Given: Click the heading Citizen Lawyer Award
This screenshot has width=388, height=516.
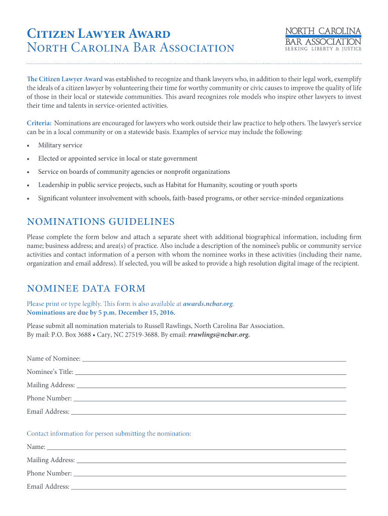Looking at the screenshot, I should (x=98, y=34).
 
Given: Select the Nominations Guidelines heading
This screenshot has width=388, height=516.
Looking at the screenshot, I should (x=101, y=222).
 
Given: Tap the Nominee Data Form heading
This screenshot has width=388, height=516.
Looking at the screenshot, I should (x=86, y=288).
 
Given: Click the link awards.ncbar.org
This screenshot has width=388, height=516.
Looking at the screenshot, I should (x=208, y=304).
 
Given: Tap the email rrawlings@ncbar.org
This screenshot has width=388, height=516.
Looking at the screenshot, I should (x=219, y=334).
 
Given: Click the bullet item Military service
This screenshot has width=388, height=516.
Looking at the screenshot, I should (x=60, y=145).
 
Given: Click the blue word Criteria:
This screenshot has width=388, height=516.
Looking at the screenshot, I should (x=39, y=123).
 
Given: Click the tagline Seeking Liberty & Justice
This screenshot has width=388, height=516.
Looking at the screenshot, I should (x=324, y=49).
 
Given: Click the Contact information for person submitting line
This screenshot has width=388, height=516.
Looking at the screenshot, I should (x=109, y=433).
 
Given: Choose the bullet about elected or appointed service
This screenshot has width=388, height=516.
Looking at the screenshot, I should (x=118, y=158).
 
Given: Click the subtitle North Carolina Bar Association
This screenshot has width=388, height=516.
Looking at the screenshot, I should (x=131, y=48).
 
